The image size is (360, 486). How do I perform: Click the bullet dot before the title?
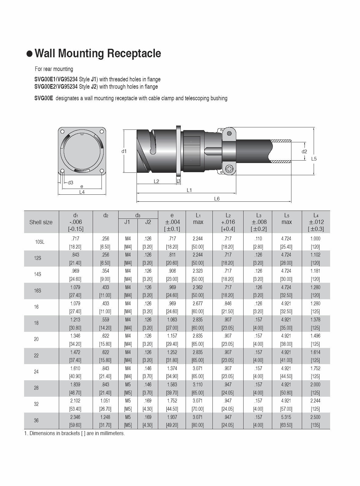click(30, 54)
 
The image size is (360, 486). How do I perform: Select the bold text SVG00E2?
click(45, 87)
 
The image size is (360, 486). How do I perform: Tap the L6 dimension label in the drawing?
click(217, 199)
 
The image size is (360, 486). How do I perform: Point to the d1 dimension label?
click(124, 151)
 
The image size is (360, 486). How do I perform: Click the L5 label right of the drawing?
click(314, 158)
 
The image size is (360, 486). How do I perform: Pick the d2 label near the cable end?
click(304, 151)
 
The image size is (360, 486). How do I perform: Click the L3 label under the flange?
click(178, 181)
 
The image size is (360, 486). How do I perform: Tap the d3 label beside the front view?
click(70, 183)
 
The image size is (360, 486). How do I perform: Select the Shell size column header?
click(41, 222)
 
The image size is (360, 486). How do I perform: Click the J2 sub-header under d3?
click(148, 222)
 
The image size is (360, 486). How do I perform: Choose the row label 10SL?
click(40, 242)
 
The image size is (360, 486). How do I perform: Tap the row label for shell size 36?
click(36, 420)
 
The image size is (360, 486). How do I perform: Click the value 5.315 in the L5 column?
click(286, 417)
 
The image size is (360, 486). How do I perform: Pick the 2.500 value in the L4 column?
click(315, 417)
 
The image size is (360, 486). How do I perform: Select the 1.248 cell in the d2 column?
click(105, 417)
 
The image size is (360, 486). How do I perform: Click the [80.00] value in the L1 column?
click(198, 425)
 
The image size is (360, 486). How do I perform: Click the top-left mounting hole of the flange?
click(62, 132)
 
